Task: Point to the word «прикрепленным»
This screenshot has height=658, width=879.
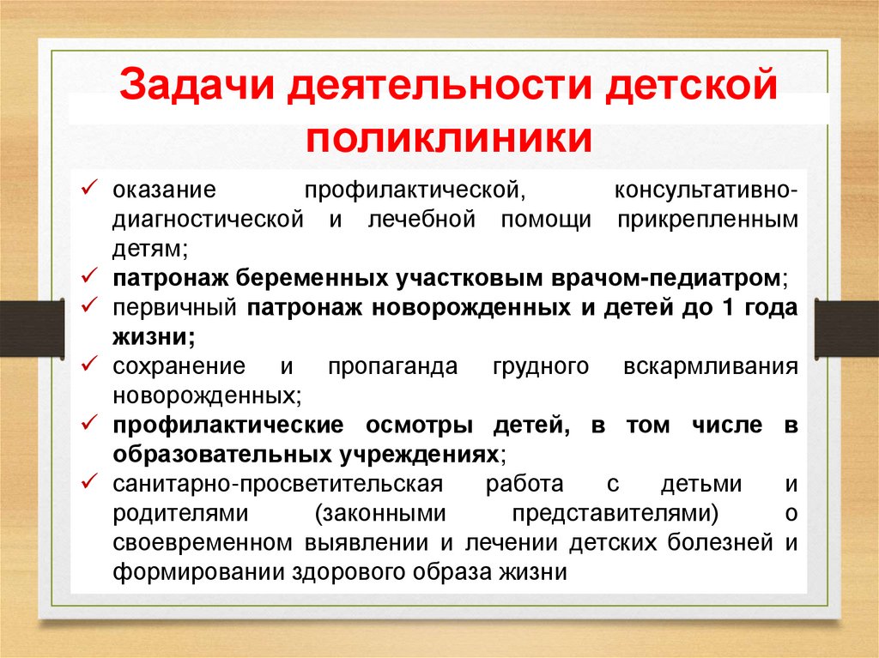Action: [x=706, y=220]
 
